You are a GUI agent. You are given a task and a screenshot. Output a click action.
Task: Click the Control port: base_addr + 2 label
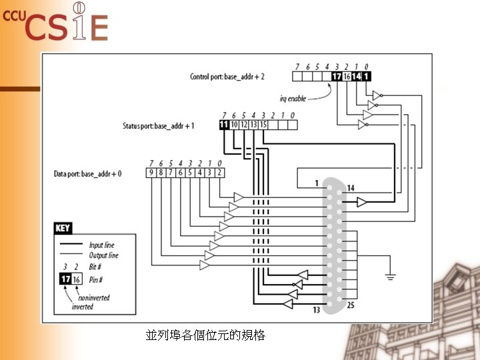[227, 77]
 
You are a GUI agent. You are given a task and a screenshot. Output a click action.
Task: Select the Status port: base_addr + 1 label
[158, 125]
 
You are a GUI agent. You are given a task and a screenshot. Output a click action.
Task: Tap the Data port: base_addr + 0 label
[88, 174]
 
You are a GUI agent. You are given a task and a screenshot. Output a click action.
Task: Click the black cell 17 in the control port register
[336, 77]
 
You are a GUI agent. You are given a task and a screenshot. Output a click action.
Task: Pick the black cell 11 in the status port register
[224, 125]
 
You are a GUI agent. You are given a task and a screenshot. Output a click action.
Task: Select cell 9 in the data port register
[151, 173]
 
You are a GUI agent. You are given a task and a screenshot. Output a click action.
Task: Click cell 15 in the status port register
[263, 125]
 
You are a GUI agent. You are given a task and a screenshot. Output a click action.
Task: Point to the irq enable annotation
[293, 99]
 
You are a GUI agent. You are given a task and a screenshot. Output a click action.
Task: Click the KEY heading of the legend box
[63, 229]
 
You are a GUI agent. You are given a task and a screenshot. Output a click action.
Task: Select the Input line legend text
[101, 245]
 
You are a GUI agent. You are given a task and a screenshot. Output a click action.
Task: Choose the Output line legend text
[103, 255]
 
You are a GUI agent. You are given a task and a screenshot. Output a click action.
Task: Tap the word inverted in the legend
[82, 307]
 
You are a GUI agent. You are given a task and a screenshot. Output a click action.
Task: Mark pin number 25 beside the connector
[350, 305]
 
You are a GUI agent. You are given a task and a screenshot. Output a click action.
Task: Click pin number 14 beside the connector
[350, 189]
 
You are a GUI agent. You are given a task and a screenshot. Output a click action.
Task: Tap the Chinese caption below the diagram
[205, 335]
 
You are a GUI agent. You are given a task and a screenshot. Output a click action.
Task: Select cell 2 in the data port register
[220, 173]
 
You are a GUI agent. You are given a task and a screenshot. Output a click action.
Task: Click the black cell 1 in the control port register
[366, 77]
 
